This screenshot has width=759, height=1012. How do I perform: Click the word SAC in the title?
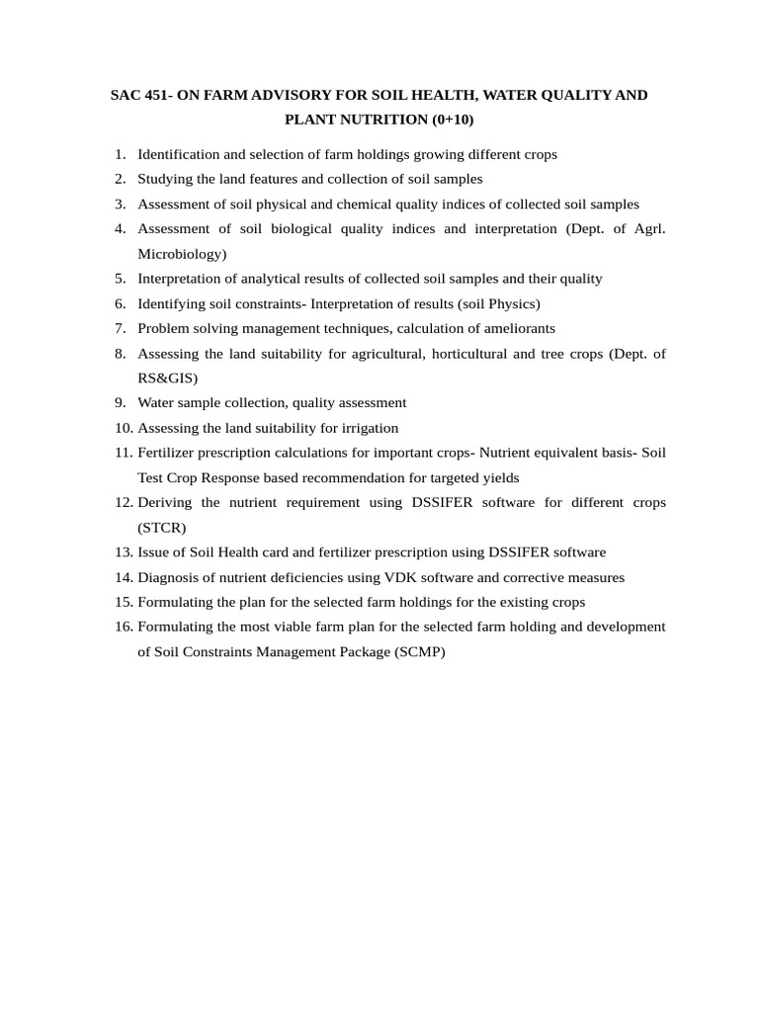(x=125, y=95)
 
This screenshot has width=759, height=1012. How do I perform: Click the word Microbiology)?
(x=182, y=254)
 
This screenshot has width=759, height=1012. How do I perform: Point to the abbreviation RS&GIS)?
(x=168, y=378)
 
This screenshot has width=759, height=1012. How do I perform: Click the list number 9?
(x=120, y=402)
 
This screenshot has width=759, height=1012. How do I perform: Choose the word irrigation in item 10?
(x=369, y=428)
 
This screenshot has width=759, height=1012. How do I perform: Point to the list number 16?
(x=123, y=627)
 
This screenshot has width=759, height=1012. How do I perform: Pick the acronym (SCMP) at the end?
(x=420, y=652)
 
